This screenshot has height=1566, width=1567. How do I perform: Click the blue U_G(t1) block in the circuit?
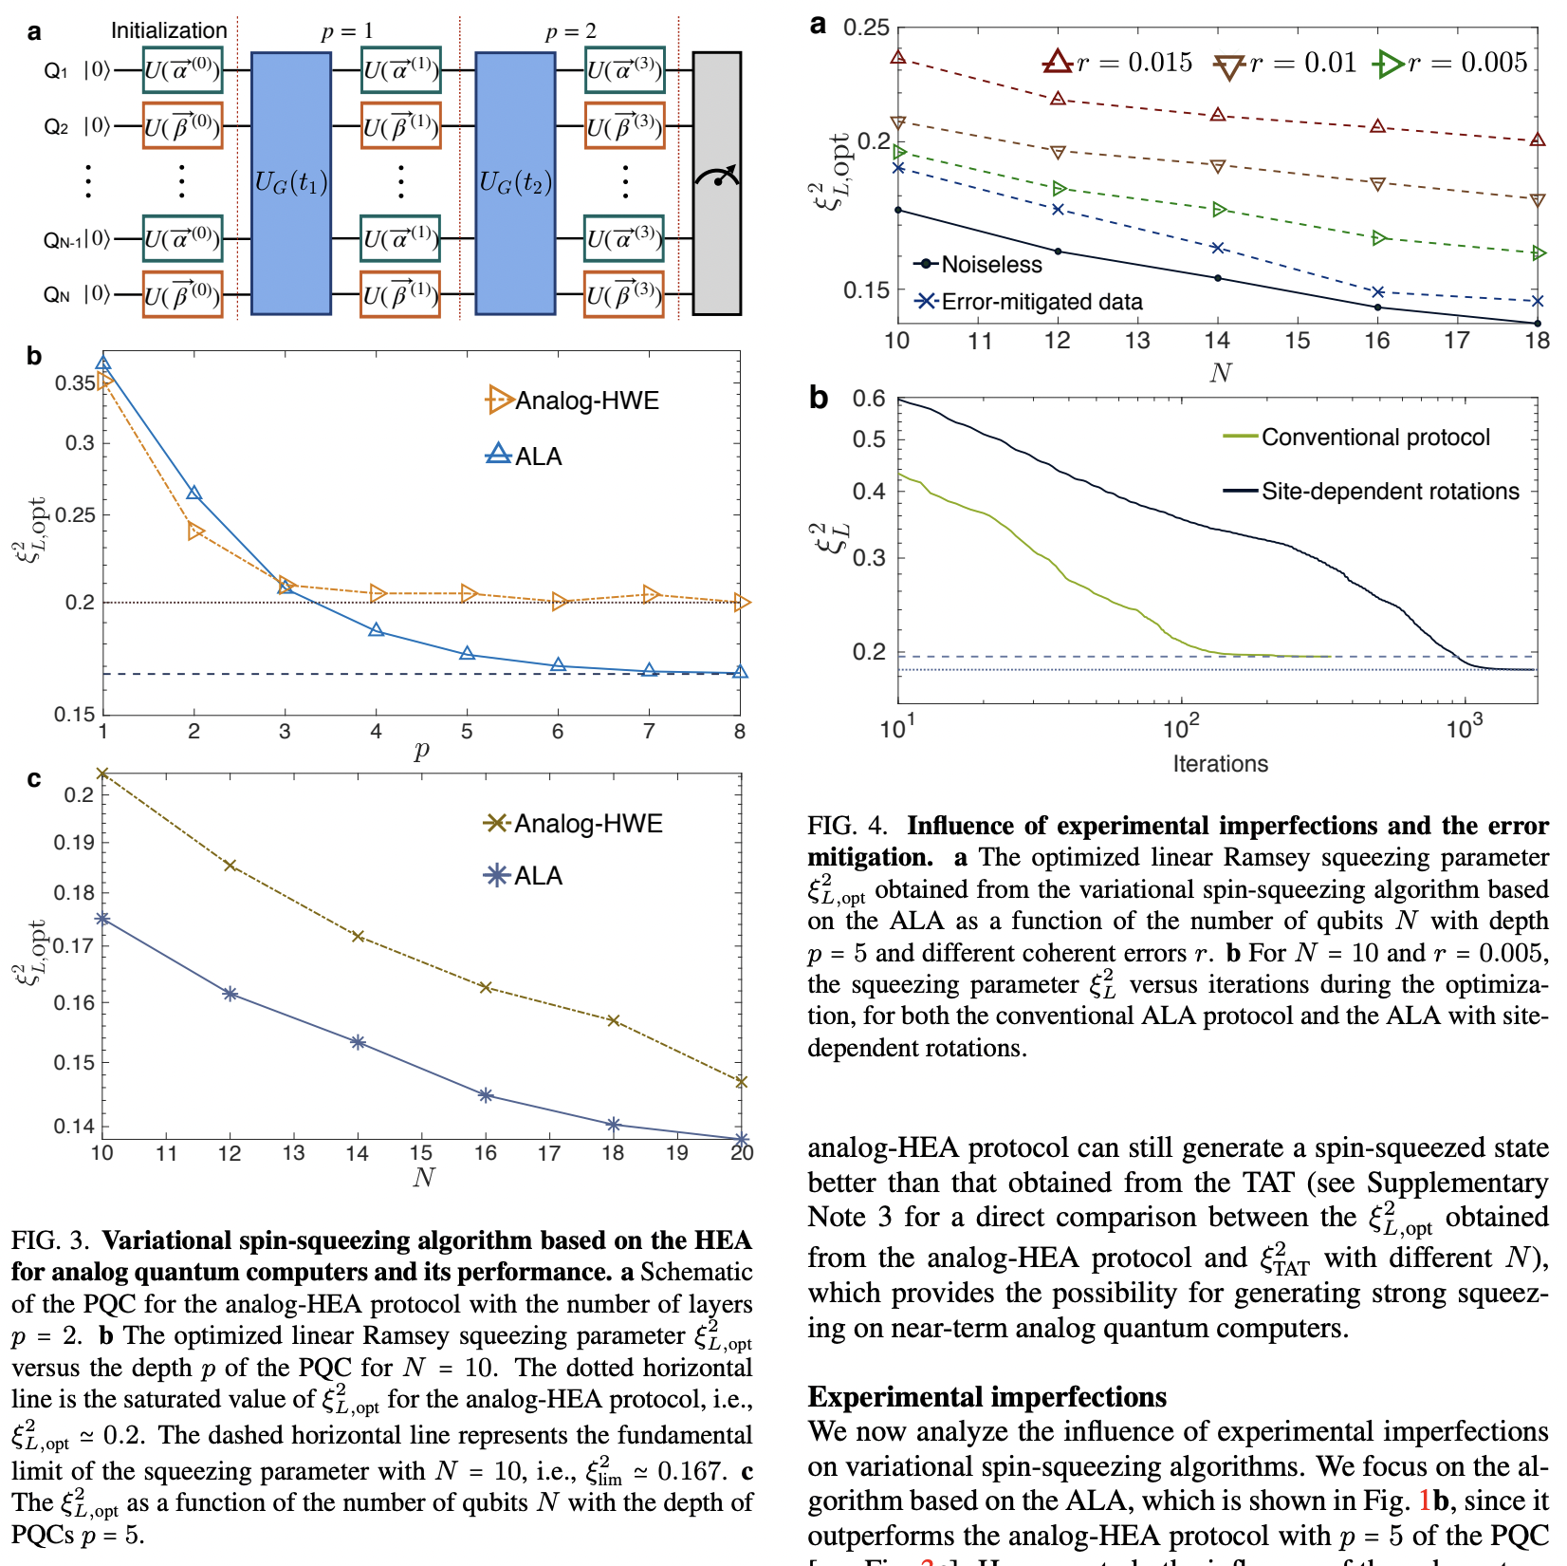click(x=290, y=182)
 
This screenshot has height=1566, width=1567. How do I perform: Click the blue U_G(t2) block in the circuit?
click(x=514, y=182)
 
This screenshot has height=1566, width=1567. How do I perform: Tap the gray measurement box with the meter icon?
click(x=716, y=182)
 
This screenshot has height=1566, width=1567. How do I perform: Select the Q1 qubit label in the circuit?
click(x=55, y=70)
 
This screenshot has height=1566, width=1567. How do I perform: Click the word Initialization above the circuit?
click(x=169, y=30)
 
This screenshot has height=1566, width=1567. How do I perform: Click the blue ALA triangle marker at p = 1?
click(x=103, y=363)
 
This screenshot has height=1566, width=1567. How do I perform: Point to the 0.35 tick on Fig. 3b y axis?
click(x=75, y=383)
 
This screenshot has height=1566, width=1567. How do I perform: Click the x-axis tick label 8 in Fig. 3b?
click(x=740, y=732)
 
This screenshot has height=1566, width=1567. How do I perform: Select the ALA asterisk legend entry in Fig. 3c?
click(x=525, y=875)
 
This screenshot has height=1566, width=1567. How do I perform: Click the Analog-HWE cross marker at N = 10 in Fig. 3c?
click(x=102, y=774)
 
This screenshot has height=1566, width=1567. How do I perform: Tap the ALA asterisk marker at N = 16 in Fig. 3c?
click(x=486, y=1095)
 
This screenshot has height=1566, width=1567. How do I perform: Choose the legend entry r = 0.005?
click(x=1450, y=64)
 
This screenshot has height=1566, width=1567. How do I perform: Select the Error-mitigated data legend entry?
click(x=1029, y=302)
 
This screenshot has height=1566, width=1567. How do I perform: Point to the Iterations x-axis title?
click(x=1220, y=764)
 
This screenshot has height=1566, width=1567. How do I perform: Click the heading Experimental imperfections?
click(x=986, y=1397)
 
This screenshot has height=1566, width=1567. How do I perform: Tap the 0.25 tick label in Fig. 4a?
click(x=866, y=27)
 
